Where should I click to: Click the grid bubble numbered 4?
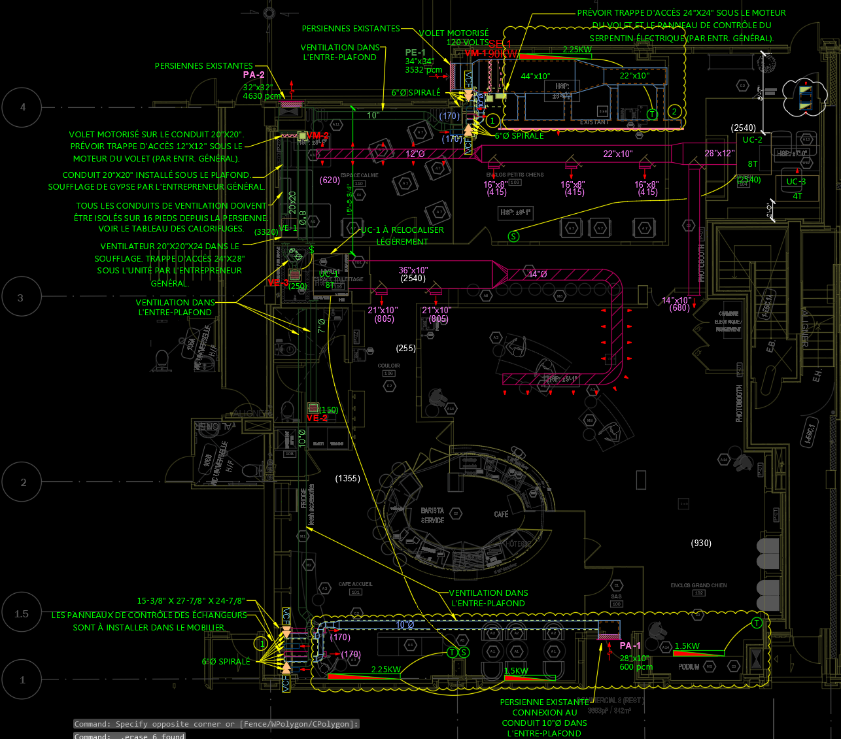(23, 107)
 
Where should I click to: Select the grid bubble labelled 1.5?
(22, 613)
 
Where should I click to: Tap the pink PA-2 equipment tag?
(254, 75)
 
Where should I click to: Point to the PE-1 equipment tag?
(415, 52)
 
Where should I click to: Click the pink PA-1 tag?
(630, 645)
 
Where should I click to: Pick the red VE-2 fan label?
(317, 418)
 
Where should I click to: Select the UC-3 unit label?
(796, 182)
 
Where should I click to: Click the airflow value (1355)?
(347, 478)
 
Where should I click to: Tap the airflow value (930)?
(701, 543)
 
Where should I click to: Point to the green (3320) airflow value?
(266, 232)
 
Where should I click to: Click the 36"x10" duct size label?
(413, 270)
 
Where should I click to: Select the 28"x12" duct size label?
(719, 153)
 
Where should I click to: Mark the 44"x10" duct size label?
(535, 77)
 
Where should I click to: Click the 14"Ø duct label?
(538, 274)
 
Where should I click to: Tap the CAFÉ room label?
(502, 515)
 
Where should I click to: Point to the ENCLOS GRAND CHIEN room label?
(698, 585)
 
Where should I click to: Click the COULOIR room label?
(388, 366)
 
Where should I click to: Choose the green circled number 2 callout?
(675, 112)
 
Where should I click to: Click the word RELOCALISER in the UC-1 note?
(418, 230)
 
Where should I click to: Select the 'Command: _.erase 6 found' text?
(129, 736)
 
